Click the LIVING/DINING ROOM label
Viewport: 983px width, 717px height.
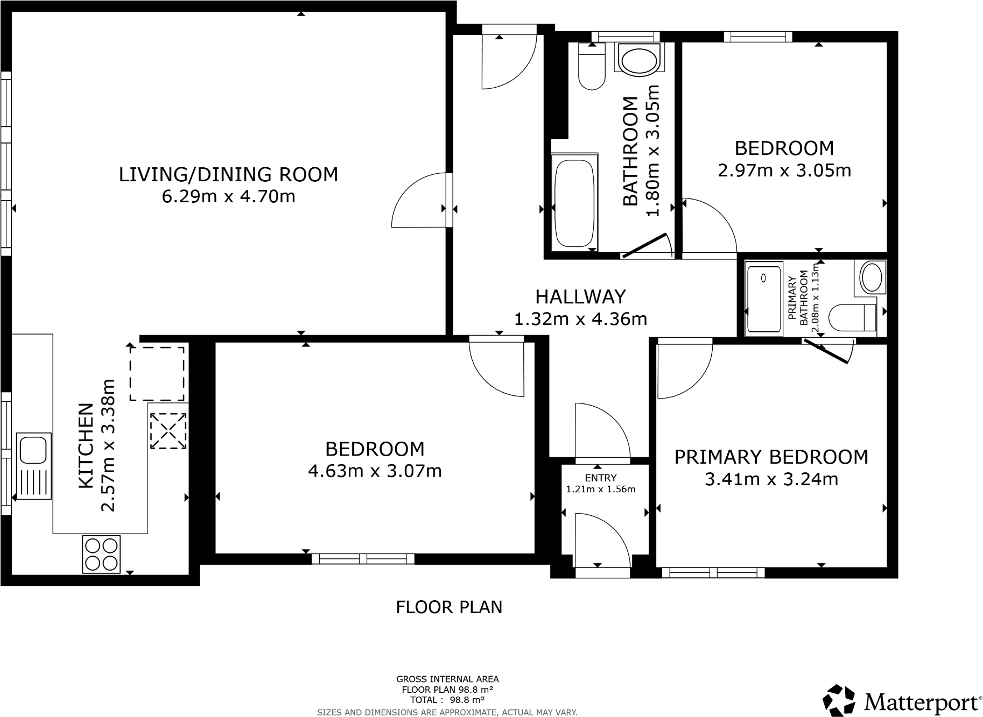pyautogui.click(x=228, y=175)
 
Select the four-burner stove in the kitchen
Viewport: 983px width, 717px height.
pyautogui.click(x=101, y=554)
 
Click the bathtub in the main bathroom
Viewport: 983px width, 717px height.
pyautogui.click(x=574, y=203)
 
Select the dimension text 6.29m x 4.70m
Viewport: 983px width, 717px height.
pyautogui.click(x=228, y=196)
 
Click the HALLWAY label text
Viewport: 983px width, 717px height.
pyautogui.click(x=580, y=296)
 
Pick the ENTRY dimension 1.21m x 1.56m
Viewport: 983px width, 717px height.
pyautogui.click(x=600, y=489)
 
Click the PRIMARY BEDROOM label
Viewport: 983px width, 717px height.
pyautogui.click(x=771, y=457)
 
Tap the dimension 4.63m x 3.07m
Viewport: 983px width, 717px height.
pyautogui.click(x=375, y=471)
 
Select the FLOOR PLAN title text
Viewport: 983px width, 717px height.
pyautogui.click(x=449, y=607)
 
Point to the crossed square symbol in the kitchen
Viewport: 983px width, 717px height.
pyautogui.click(x=168, y=431)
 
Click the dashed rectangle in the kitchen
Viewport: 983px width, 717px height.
pyautogui.click(x=157, y=373)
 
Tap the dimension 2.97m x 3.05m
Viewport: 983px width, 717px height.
pyautogui.click(x=784, y=171)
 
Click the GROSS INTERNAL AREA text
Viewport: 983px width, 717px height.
pyautogui.click(x=447, y=679)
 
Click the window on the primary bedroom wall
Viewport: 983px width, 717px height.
pyautogui.click(x=713, y=573)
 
